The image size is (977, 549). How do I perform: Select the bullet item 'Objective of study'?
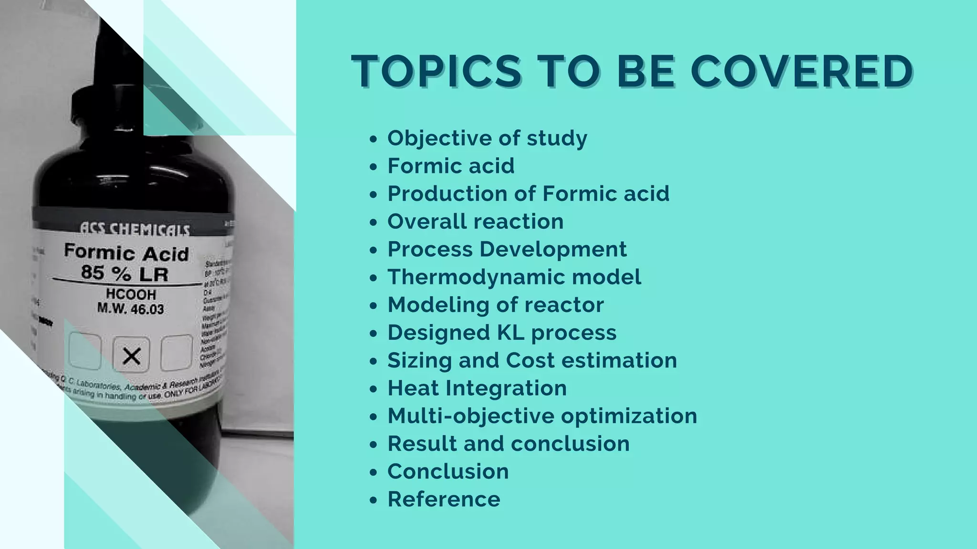(x=487, y=138)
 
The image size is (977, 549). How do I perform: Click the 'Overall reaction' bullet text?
(x=475, y=222)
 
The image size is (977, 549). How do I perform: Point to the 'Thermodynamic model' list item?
(x=514, y=277)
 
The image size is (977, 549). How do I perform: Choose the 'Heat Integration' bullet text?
(x=477, y=388)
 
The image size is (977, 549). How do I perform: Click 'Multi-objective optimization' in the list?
(x=542, y=416)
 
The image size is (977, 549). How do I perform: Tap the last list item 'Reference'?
(x=444, y=499)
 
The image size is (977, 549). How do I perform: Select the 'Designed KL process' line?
(x=502, y=333)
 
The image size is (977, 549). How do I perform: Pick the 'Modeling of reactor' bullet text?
(x=496, y=305)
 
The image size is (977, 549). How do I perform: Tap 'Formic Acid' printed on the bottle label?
(x=126, y=253)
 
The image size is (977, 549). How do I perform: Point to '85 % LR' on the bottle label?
(x=125, y=274)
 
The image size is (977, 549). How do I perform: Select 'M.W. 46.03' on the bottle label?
(x=131, y=309)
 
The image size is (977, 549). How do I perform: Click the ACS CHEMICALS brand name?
(x=134, y=230)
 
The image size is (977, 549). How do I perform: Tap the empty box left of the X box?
(x=85, y=352)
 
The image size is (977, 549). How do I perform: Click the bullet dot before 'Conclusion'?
(x=374, y=472)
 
